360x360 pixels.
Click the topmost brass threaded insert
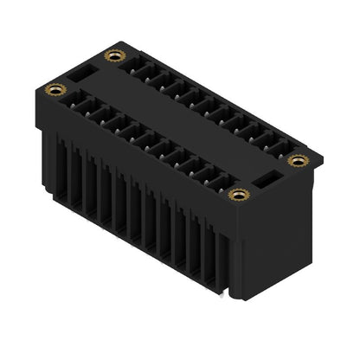click(111, 56)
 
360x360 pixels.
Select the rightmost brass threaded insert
click(299, 160)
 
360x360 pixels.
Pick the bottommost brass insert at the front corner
click(236, 194)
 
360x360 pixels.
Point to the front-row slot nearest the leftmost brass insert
click(79, 103)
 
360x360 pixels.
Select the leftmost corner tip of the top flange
click(41, 89)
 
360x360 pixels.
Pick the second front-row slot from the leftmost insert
click(93, 111)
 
